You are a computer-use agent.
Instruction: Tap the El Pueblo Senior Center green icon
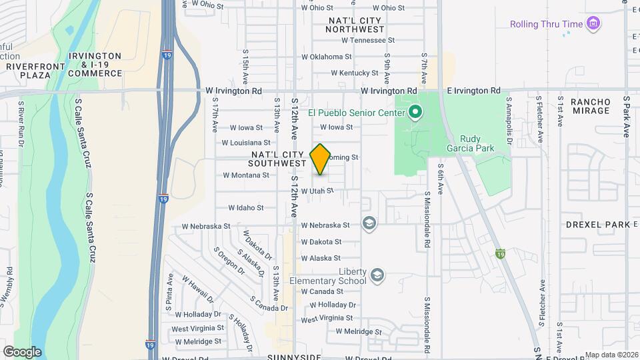(x=415, y=112)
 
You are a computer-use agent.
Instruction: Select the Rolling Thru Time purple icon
(x=593, y=25)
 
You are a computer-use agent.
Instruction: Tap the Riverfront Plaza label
(x=29, y=71)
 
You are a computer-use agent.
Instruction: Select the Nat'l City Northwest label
(x=356, y=25)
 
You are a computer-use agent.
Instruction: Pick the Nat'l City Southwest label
(x=277, y=159)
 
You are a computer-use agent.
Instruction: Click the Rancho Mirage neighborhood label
(x=590, y=106)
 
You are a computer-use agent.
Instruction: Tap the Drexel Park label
(x=597, y=225)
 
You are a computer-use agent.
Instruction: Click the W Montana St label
(x=245, y=175)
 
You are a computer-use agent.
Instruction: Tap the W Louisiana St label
(x=245, y=143)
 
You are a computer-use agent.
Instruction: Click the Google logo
(x=22, y=351)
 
